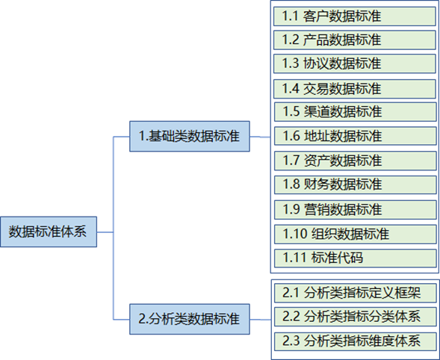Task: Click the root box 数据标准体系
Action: pos(49,232)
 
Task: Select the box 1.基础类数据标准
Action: pos(190,137)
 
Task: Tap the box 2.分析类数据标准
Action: pos(190,319)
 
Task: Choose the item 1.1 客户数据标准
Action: pos(355,16)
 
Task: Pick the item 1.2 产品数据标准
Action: pos(355,40)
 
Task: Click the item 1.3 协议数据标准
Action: pos(355,63)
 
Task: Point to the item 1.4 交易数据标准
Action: pos(355,89)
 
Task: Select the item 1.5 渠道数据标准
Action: pos(356,112)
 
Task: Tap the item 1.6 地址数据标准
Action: pos(356,136)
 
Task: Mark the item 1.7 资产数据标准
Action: pos(356,161)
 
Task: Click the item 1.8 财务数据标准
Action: pos(356,184)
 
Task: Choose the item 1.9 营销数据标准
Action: pos(356,210)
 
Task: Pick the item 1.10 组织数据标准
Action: pos(356,234)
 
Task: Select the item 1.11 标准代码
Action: pos(356,258)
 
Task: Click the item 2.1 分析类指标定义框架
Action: pos(356,293)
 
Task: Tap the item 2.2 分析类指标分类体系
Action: pos(356,317)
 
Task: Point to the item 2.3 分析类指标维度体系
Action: pos(356,341)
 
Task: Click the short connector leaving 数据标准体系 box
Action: pos(105,232)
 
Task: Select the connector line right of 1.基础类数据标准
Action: pos(260,137)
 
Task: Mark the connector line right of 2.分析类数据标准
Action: pos(261,320)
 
